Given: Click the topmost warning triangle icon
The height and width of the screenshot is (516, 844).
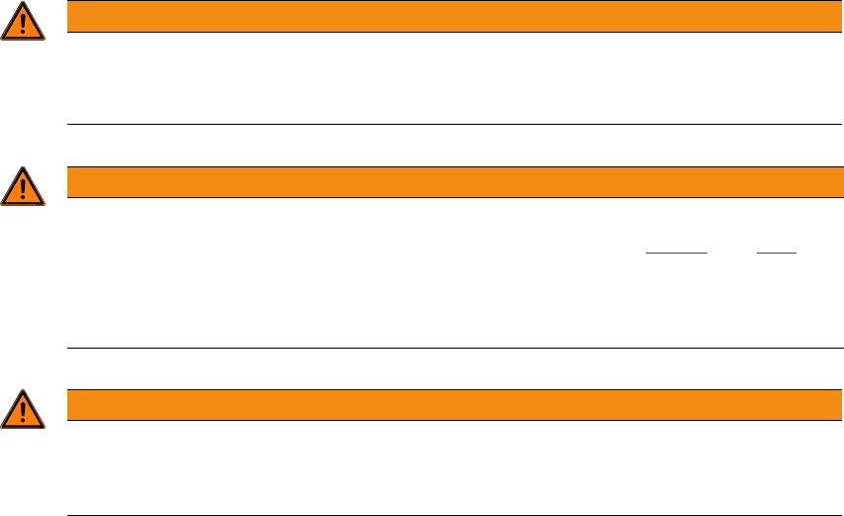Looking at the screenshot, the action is (x=23, y=22).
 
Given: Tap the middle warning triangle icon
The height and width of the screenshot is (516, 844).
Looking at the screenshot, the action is (x=23, y=188).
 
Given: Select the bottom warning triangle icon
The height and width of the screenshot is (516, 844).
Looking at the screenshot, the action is (x=23, y=410).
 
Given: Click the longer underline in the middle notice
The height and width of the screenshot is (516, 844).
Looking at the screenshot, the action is (x=677, y=254).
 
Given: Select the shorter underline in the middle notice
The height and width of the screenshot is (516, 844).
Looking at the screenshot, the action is (x=777, y=254).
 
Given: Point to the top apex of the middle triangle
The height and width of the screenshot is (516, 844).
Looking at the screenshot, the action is (x=23, y=169).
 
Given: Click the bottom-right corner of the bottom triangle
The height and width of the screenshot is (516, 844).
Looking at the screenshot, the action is (x=43, y=426).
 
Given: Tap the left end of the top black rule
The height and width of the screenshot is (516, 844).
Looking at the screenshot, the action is (x=68, y=125).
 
